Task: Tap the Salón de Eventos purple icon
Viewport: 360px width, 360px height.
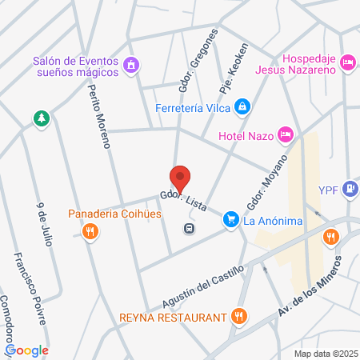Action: [x=132, y=63]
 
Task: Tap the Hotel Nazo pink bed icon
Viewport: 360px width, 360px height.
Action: [x=285, y=134]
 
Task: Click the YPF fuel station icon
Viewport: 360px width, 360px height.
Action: [x=349, y=190]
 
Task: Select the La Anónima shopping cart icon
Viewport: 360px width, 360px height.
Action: [x=230, y=218]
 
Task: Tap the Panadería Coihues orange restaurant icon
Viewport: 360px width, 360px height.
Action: [x=90, y=232]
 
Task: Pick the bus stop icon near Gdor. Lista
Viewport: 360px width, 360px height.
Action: [x=189, y=228]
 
